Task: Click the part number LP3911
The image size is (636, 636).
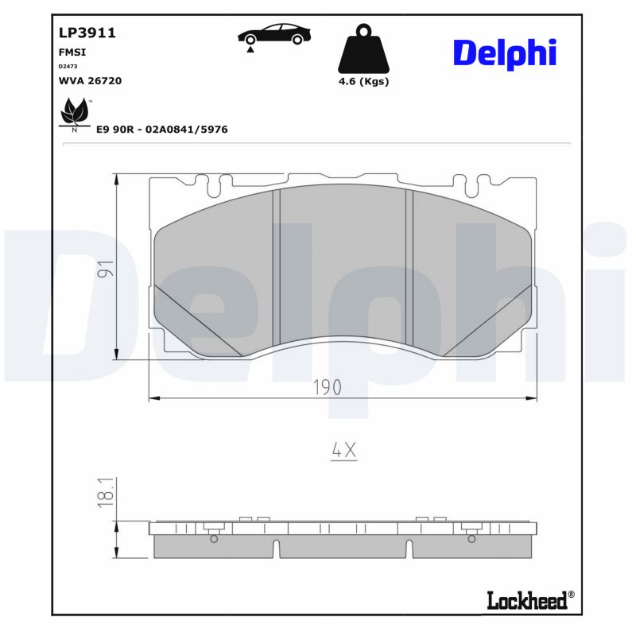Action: (x=87, y=33)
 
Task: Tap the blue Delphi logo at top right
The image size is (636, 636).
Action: (x=504, y=52)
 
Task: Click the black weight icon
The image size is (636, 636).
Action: (x=363, y=50)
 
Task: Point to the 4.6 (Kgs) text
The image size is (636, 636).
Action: (x=363, y=82)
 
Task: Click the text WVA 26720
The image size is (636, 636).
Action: (x=90, y=80)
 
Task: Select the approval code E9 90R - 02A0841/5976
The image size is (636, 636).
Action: (x=161, y=129)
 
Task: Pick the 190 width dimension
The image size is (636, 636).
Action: (x=326, y=387)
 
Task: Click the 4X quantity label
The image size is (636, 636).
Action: (x=343, y=451)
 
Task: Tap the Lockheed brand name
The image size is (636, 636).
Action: (x=526, y=600)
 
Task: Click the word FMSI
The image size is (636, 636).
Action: (x=72, y=52)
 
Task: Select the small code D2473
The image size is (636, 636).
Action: (x=68, y=66)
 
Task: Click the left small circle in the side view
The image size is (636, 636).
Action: (x=213, y=539)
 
